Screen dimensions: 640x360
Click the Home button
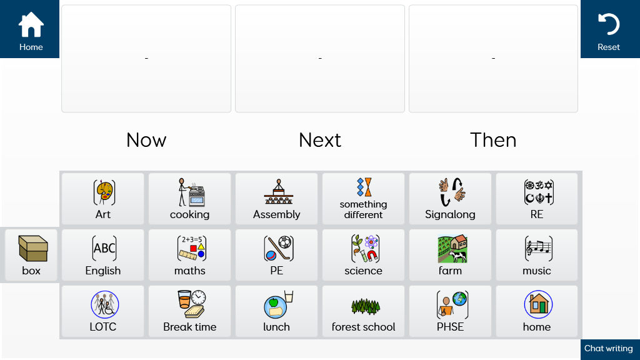(29, 29)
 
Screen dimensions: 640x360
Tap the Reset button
(610, 29)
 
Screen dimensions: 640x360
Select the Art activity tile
(103, 199)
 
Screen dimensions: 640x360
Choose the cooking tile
(190, 199)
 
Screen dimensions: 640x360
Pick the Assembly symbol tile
(276, 199)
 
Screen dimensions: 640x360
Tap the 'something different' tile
(363, 199)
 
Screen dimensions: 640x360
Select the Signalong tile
(450, 199)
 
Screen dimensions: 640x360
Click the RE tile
(537, 199)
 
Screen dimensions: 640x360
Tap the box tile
(31, 255)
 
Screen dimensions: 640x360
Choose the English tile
(103, 255)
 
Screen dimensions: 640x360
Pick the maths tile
(190, 255)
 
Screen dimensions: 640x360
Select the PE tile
(276, 255)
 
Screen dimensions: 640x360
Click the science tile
(363, 255)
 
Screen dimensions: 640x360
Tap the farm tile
(450, 255)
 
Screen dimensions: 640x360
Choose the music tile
(537, 255)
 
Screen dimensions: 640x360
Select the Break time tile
(190, 311)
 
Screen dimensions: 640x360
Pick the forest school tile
(363, 311)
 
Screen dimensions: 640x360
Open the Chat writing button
(610, 349)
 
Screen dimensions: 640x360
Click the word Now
(146, 140)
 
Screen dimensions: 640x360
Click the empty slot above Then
(494, 58)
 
